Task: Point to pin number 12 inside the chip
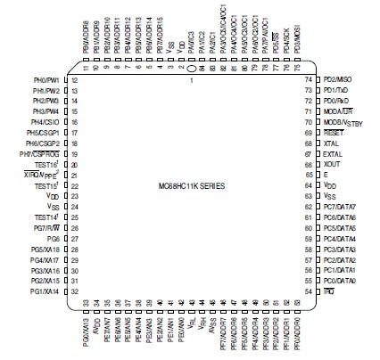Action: (75, 80)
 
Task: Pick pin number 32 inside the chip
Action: (75, 291)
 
